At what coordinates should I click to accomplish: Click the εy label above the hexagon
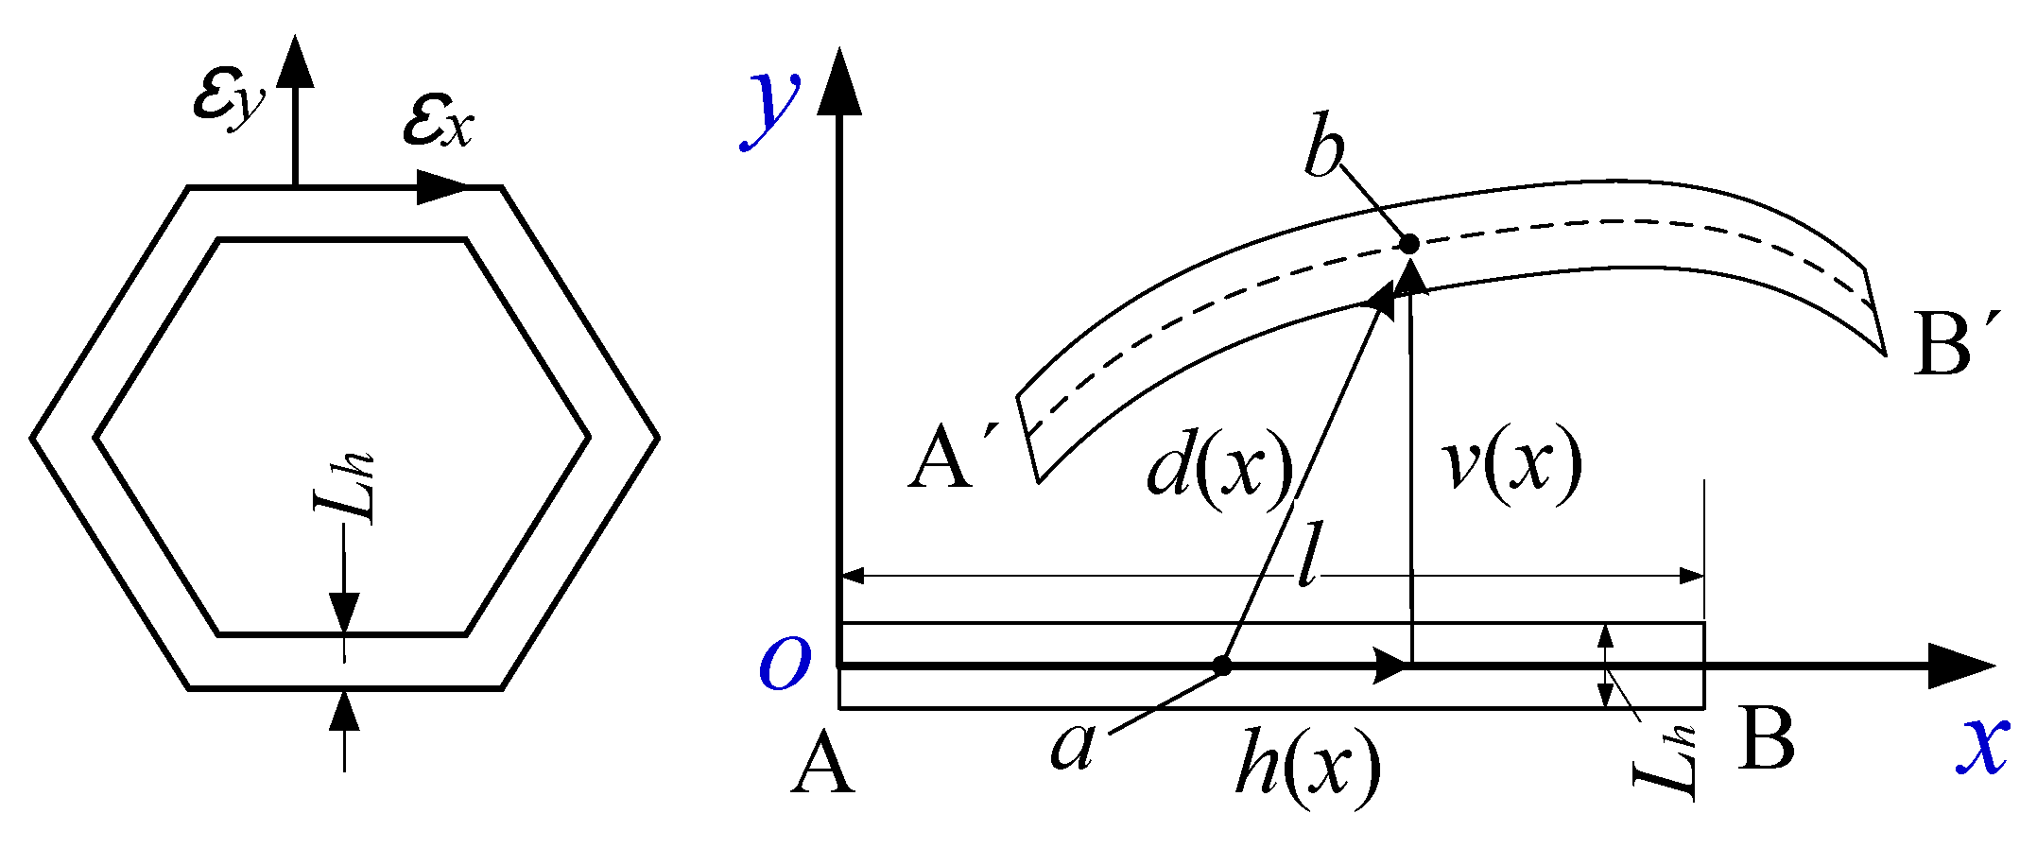(228, 102)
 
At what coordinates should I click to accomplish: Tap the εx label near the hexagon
(437, 123)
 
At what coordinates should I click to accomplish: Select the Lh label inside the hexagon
(346, 488)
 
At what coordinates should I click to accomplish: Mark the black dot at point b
(1409, 244)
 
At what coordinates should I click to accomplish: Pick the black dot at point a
(1222, 666)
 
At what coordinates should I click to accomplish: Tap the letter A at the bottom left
(822, 764)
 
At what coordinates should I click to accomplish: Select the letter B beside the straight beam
(1766, 739)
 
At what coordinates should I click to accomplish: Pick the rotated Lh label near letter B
(1666, 764)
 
